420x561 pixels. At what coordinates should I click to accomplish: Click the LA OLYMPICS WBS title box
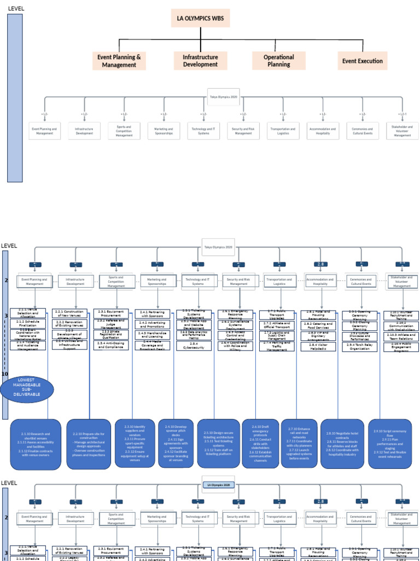point(200,19)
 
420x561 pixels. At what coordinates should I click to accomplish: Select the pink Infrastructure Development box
point(200,61)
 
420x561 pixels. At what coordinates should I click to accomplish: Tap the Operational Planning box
point(278,61)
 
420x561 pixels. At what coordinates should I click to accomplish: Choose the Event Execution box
point(362,61)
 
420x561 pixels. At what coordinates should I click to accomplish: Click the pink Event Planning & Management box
point(119,61)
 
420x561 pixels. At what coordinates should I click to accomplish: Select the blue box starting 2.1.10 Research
point(36,444)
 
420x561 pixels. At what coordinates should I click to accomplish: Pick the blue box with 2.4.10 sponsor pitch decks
point(176,443)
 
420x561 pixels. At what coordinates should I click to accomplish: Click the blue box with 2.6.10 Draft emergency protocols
point(260,443)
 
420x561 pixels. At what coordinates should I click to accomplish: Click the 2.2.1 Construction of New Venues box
point(69,313)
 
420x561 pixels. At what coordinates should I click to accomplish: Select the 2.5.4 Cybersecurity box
point(194,346)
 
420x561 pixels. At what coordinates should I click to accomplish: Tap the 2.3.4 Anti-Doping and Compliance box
point(111,346)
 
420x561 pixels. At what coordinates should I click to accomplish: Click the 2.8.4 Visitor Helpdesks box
point(318,346)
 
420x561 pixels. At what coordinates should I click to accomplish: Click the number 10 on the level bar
point(5,374)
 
